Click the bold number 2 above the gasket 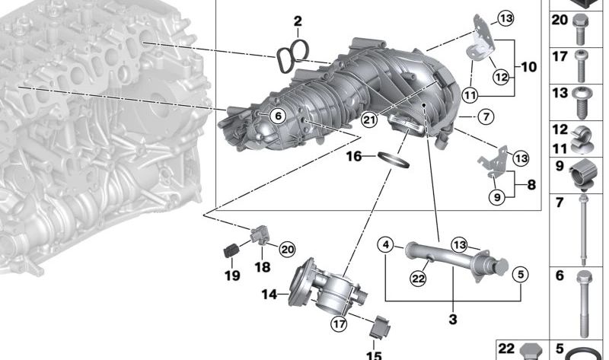298,21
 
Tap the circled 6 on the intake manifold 278,116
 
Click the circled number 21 368,119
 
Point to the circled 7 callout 486,116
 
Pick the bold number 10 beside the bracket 528,67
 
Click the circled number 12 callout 502,77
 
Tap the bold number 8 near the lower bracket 531,184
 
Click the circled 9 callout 497,197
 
